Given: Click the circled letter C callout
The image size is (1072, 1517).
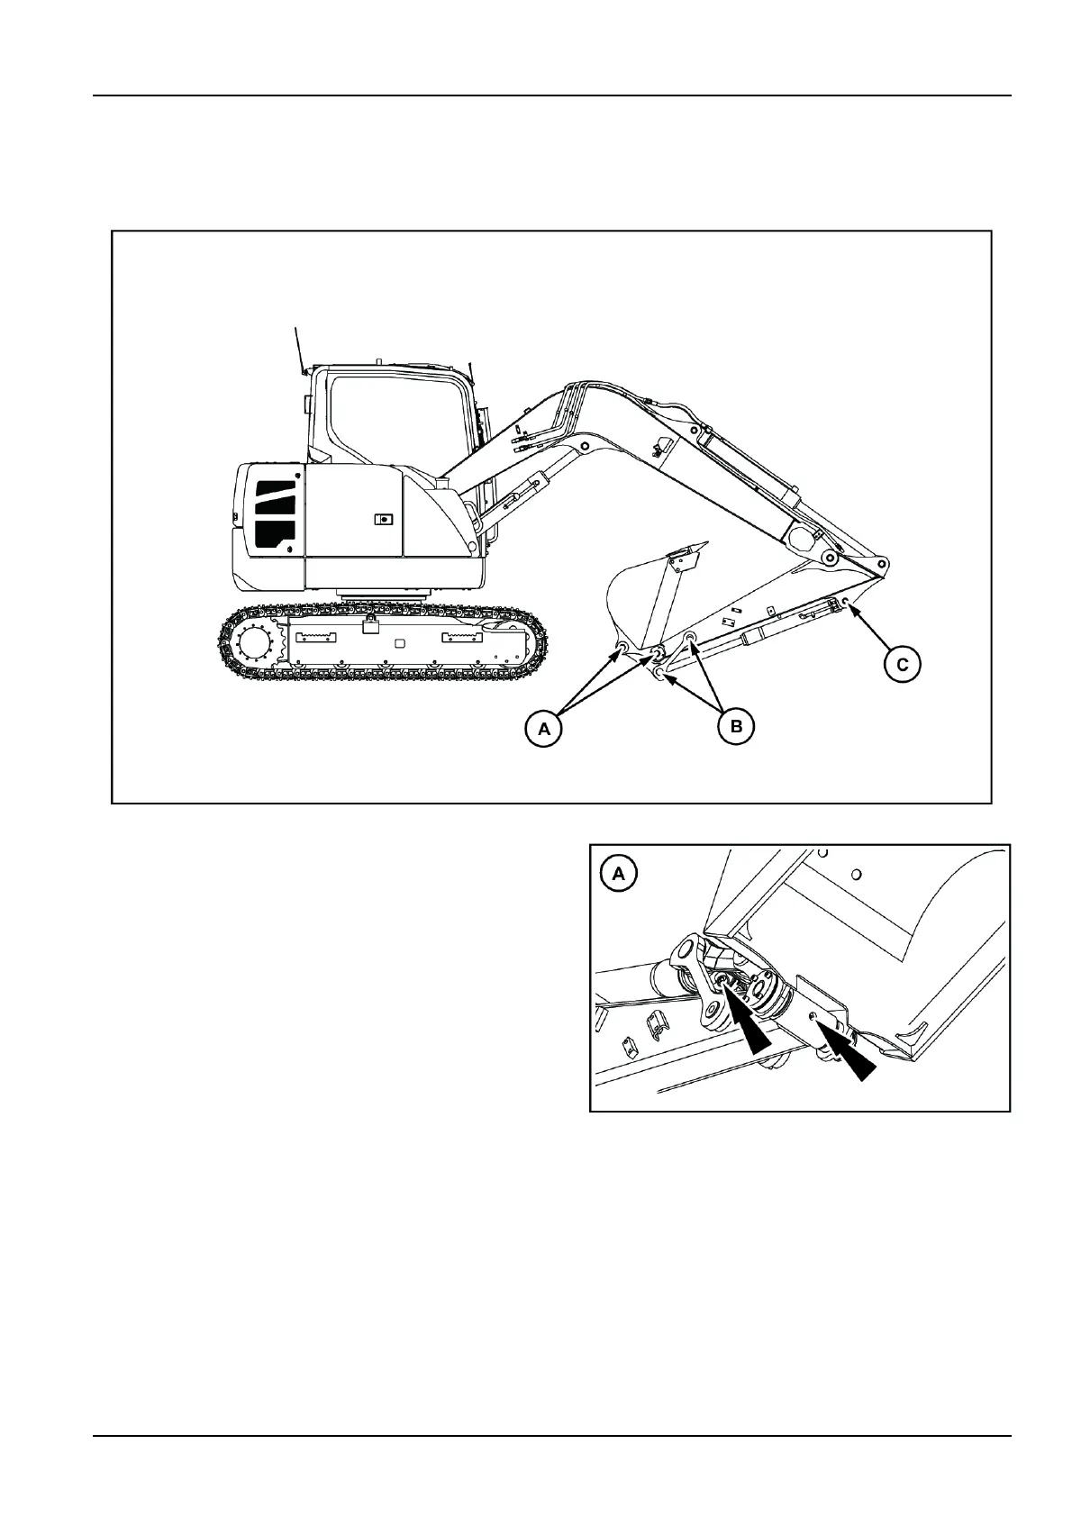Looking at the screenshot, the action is click(x=903, y=665).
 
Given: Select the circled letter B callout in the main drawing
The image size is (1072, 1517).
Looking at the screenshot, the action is click(x=736, y=725).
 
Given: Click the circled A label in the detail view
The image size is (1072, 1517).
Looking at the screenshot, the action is click(x=618, y=874).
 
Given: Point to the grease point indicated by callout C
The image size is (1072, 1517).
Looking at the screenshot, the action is click(x=845, y=602).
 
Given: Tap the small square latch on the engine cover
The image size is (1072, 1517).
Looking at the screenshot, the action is click(x=384, y=519).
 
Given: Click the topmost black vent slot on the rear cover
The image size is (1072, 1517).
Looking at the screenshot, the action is click(x=277, y=490).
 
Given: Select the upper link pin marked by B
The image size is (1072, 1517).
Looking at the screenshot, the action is click(x=691, y=639).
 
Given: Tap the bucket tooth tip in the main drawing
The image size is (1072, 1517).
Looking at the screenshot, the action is click(x=702, y=543).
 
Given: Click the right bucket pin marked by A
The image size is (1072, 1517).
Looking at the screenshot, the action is click(x=657, y=651).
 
